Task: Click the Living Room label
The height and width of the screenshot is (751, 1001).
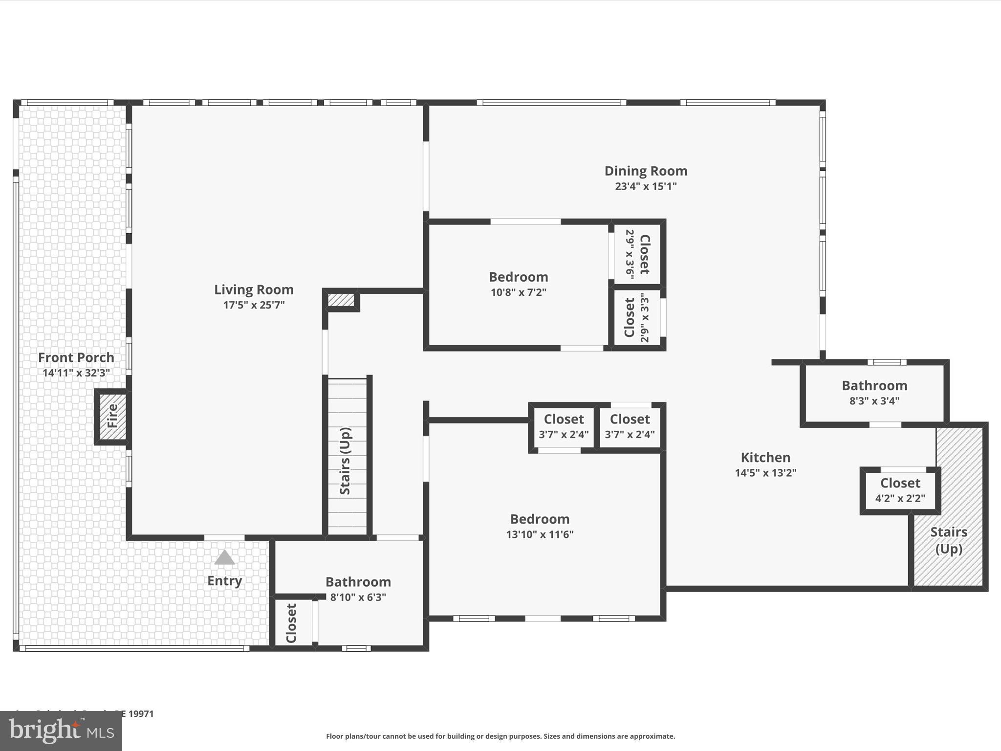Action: click(254, 289)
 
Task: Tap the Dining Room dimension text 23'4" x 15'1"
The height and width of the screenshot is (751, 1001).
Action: click(646, 186)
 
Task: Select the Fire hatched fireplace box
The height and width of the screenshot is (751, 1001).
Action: click(112, 416)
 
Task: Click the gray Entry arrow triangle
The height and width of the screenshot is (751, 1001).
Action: click(224, 557)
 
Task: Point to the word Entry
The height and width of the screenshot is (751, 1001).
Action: click(224, 581)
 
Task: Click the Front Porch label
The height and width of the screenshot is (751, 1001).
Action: click(76, 357)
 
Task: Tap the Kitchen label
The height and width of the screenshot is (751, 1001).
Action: click(765, 458)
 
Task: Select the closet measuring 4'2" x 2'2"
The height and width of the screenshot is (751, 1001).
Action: click(900, 490)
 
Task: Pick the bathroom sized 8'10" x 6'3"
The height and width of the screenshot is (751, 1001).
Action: click(358, 589)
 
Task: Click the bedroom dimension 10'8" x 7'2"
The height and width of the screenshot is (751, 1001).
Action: click(518, 292)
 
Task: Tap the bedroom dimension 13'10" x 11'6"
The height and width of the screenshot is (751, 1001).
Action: click(540, 534)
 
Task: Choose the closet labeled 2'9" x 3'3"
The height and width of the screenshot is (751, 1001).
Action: click(637, 318)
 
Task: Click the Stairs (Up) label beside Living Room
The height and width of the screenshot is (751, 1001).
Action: click(345, 461)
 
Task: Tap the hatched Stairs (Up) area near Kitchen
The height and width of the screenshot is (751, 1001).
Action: click(949, 540)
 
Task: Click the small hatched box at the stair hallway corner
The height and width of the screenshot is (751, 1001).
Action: click(341, 300)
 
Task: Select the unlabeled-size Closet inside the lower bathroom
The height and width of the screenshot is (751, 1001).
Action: click(291, 623)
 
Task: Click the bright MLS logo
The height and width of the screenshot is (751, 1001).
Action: click(61, 730)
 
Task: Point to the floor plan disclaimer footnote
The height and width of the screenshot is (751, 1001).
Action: click(500, 736)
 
